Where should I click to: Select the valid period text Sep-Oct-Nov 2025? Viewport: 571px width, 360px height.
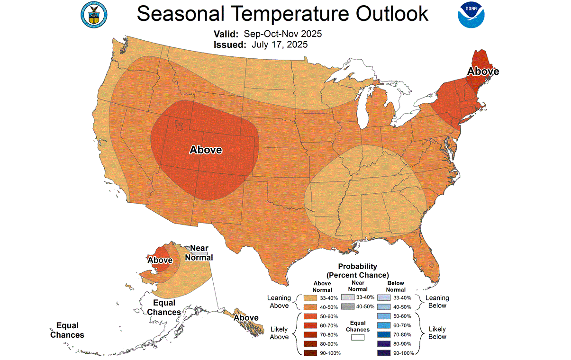pos(282,34)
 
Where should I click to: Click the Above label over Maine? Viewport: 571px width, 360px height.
pos(483,72)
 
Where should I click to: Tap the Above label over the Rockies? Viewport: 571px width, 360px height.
pos(206,150)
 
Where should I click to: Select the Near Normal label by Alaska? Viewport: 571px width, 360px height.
pos(199,253)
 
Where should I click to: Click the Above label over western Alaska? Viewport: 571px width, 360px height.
pos(160,260)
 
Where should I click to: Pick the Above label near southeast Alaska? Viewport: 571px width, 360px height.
pos(246,317)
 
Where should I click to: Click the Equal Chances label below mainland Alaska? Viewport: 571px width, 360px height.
pos(164,307)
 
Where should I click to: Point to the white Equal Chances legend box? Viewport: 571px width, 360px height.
pos(357,337)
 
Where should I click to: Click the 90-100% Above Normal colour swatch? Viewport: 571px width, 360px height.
pos(310,353)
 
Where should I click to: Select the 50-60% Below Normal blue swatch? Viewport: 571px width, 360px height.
pos(384,315)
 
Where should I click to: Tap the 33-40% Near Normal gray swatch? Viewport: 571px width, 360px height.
pos(347,297)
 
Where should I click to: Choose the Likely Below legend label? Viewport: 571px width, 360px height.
pos(437,333)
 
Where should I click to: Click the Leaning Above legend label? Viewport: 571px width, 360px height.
pos(279,302)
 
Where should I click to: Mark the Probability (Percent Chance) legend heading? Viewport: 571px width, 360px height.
pos(357,270)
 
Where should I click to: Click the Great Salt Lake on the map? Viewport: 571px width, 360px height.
pos(180,126)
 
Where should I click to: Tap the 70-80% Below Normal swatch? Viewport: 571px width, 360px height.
pos(384,334)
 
